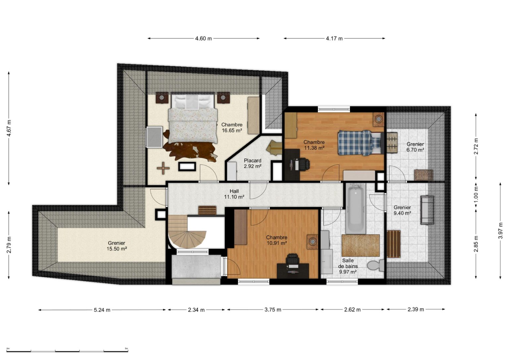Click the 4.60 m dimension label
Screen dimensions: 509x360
203,39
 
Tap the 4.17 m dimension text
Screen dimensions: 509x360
334,39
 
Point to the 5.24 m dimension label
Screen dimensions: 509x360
102,310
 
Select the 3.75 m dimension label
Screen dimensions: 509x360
273,310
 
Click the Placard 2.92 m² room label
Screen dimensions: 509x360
253,163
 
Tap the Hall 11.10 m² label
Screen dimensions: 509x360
234,194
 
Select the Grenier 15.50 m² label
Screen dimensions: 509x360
117,246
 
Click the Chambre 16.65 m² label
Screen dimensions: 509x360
232,128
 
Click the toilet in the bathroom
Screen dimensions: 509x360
375,265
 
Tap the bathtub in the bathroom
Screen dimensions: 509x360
356,208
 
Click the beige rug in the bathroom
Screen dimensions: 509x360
361,245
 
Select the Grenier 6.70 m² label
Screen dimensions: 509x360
415,147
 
